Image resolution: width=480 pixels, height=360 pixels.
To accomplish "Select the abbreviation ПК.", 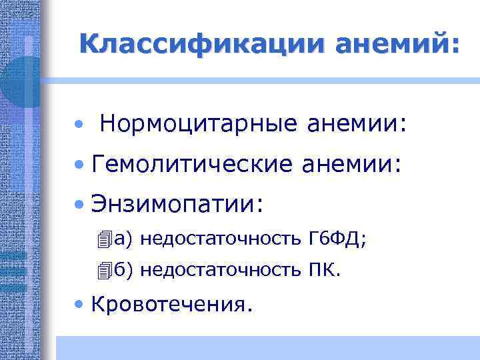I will (x=325, y=269).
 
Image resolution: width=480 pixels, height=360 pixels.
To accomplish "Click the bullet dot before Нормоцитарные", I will (x=79, y=125).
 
